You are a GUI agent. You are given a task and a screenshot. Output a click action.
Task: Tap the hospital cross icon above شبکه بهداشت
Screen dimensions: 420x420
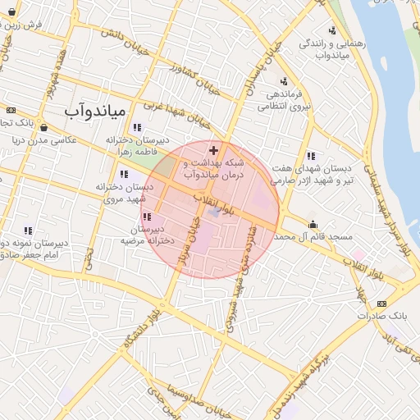tap(214, 150)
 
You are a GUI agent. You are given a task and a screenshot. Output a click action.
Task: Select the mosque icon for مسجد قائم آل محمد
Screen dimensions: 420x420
tap(313, 223)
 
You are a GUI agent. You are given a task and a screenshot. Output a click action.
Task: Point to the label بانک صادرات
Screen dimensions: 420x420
tap(382, 314)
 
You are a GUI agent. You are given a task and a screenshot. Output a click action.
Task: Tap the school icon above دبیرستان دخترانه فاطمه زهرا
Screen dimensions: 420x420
tap(136, 127)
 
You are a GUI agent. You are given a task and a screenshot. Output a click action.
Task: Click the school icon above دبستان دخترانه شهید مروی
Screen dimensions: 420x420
tap(124, 174)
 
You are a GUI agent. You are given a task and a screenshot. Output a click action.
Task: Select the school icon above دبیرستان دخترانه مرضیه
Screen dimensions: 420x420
tap(147, 217)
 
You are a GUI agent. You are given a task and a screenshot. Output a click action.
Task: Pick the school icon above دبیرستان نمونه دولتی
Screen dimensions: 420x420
tap(29, 231)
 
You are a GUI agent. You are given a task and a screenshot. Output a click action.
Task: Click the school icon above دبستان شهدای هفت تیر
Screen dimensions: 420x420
tap(310, 156)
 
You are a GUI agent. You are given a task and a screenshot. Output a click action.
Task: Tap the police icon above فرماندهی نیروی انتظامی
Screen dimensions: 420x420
tap(284, 81)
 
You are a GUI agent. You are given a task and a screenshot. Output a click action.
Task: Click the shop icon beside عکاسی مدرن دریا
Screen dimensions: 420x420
tap(43, 128)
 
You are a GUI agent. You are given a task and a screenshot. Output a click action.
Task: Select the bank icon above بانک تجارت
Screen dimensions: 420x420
tap(10, 110)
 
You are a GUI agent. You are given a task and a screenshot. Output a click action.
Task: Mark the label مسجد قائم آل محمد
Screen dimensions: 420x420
tap(315, 236)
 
